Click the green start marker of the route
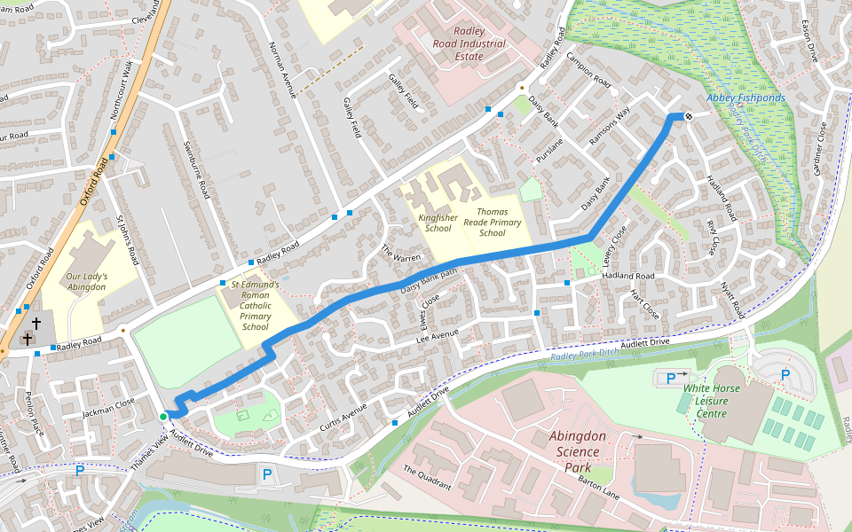point(162,416)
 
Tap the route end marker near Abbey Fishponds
point(688,115)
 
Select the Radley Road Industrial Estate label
point(469,43)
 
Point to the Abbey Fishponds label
point(745,98)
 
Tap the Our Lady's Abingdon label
point(86,282)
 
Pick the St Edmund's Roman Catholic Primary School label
point(255,306)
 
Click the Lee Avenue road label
point(437,334)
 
